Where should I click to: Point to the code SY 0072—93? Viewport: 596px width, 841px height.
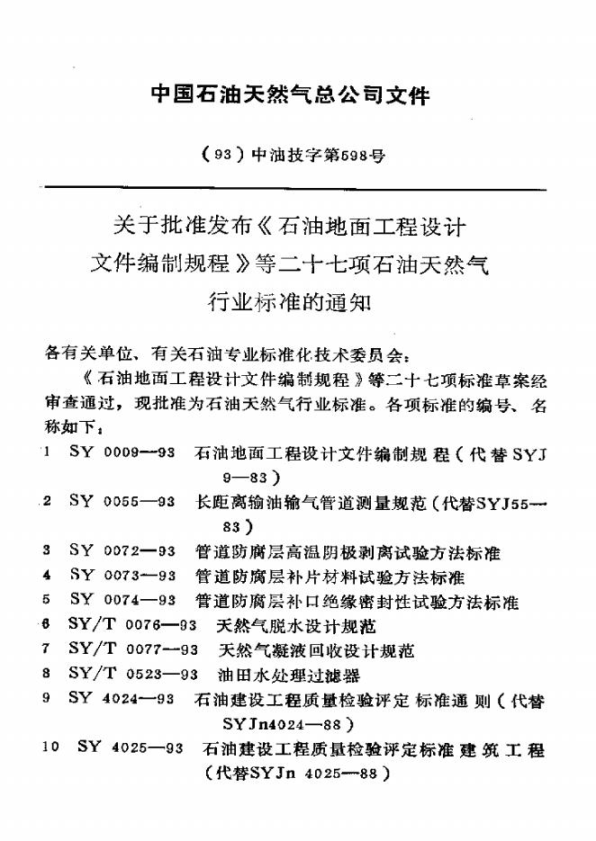click(x=122, y=550)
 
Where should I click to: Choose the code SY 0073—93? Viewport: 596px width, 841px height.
click(x=122, y=575)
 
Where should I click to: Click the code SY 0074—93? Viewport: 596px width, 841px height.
click(x=122, y=599)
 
